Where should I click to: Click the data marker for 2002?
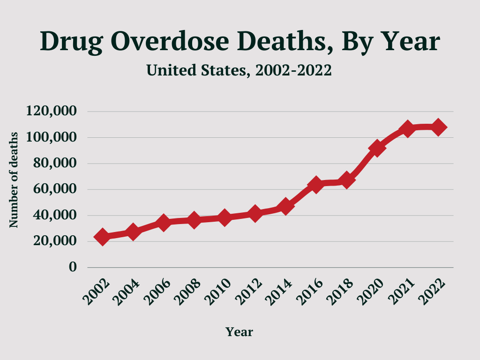click(102, 237)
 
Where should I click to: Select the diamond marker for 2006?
click(163, 222)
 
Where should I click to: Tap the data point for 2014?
click(285, 206)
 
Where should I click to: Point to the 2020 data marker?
click(377, 148)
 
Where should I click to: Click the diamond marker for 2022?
click(439, 127)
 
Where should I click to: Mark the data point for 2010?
click(225, 217)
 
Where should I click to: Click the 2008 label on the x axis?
click(188, 291)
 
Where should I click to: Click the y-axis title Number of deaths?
click(14, 180)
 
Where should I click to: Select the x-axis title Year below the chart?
click(239, 332)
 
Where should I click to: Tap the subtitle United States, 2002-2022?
click(239, 70)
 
